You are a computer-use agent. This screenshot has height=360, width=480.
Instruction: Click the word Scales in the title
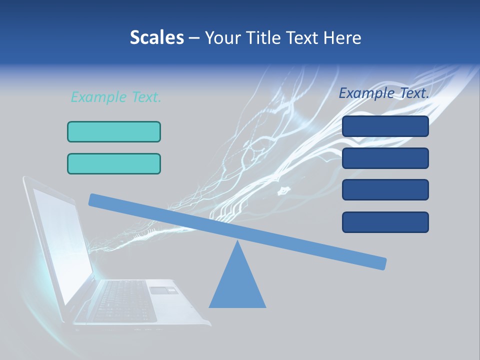(x=157, y=38)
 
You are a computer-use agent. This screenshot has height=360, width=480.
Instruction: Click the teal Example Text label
(x=116, y=97)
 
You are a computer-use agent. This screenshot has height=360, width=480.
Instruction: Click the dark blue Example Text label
(x=384, y=93)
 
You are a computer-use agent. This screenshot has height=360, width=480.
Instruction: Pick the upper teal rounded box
(x=114, y=131)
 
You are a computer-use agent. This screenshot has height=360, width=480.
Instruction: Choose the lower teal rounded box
(x=114, y=163)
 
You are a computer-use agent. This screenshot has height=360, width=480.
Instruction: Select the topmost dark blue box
(x=385, y=126)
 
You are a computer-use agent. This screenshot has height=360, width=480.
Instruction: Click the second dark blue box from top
(x=385, y=158)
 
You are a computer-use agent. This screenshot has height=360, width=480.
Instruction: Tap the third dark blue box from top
(x=385, y=189)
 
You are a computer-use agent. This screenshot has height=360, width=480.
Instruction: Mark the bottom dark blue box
(x=385, y=222)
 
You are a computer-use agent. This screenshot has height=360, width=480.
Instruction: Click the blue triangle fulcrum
(x=237, y=285)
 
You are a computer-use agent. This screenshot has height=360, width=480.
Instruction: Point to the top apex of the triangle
(x=237, y=242)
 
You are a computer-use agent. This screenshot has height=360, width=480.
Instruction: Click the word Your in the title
(x=222, y=38)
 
